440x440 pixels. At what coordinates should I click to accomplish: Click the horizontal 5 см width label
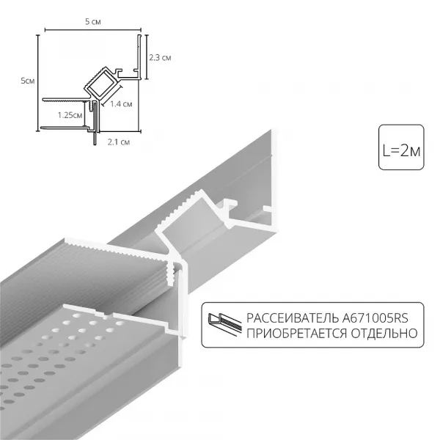[x=92, y=23]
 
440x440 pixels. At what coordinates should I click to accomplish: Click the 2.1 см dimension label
[x=120, y=141]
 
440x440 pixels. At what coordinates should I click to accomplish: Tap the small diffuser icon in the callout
[x=224, y=325]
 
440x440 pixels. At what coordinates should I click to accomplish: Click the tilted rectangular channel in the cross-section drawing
[x=100, y=85]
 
